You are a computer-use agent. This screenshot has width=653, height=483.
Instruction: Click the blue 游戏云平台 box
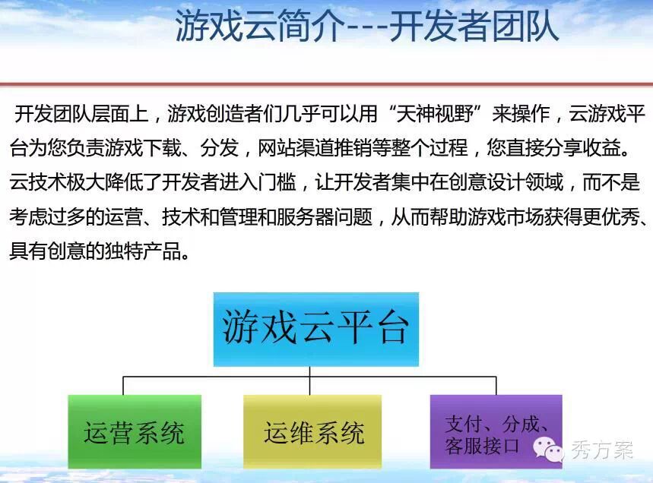pyautogui.click(x=316, y=329)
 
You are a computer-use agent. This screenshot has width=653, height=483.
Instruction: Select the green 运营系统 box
pyautogui.click(x=135, y=431)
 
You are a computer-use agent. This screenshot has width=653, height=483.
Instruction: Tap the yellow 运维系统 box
pyautogui.click(x=312, y=431)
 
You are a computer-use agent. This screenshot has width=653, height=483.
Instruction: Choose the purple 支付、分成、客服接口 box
pyautogui.click(x=496, y=431)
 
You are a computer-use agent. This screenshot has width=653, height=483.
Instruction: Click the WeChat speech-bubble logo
pyautogui.click(x=547, y=450)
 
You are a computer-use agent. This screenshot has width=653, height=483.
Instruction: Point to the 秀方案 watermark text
pyautogui.click(x=602, y=450)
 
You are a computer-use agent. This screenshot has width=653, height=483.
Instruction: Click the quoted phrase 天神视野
pyautogui.click(x=435, y=114)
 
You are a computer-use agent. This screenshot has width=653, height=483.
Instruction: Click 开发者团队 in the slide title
pyautogui.click(x=474, y=26)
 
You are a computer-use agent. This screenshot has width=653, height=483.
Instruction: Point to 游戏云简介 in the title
pyautogui.click(x=260, y=26)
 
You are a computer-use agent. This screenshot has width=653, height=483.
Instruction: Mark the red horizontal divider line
pyautogui.click(x=327, y=84)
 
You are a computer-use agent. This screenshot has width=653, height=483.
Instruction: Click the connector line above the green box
pyautogui.click(x=123, y=386)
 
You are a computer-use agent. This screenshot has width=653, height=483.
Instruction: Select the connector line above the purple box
pyautogui.click(x=496, y=386)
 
